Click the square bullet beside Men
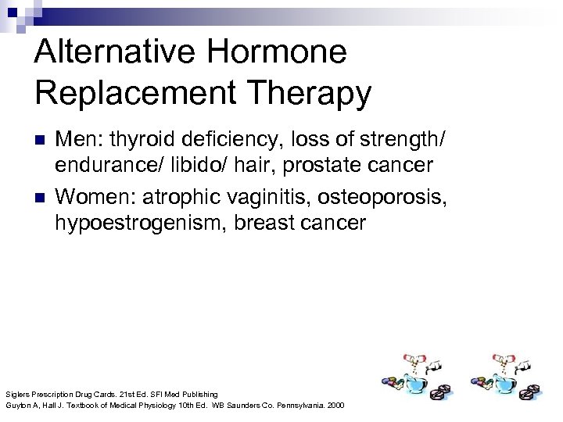[x=41, y=141]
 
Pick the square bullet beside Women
[x=41, y=195]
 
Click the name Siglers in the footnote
[x=16, y=394]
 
